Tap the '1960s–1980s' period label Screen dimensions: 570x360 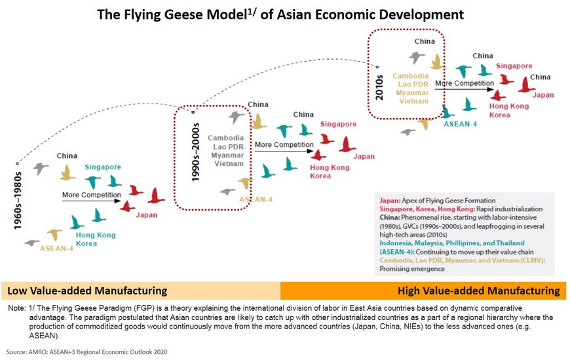(x=18, y=201)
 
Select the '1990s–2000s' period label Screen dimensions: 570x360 (x=196, y=152)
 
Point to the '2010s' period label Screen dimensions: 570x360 (x=379, y=87)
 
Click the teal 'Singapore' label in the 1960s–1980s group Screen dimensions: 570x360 (x=103, y=167)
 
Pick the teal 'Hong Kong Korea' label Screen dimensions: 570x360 (x=96, y=239)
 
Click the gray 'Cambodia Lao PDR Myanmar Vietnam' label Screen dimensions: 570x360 (x=227, y=151)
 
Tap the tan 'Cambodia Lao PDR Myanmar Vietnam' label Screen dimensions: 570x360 (x=411, y=89)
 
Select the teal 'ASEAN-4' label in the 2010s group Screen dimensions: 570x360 (x=460, y=124)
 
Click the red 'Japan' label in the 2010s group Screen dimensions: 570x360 (x=543, y=95)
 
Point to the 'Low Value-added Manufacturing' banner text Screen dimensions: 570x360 (x=87, y=291)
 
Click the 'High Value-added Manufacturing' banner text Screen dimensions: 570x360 (x=479, y=291)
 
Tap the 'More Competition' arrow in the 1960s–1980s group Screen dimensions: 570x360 (x=91, y=201)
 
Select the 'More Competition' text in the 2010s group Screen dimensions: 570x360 (x=465, y=83)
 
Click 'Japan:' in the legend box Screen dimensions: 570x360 (x=390, y=201)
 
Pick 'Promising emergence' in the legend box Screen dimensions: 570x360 (x=412, y=269)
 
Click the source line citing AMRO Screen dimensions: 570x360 (x=87, y=352)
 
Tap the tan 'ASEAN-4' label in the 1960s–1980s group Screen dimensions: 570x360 (x=56, y=249)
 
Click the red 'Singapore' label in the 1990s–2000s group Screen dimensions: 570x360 (x=339, y=124)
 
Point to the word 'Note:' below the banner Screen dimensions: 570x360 (x=17, y=308)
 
